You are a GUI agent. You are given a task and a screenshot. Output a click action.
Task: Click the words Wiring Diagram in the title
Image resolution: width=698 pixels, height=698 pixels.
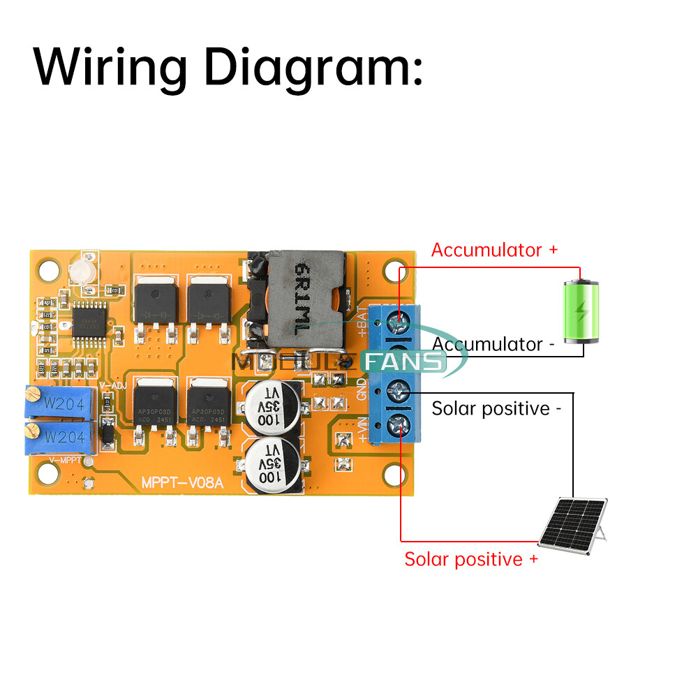click(x=228, y=68)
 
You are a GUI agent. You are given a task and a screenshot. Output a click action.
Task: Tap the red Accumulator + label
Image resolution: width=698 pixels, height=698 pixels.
click(x=494, y=250)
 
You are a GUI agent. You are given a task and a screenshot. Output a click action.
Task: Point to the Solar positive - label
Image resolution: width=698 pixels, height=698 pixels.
click(x=496, y=408)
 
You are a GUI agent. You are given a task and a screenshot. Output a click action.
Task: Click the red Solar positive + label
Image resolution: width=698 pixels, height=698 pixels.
click(x=471, y=559)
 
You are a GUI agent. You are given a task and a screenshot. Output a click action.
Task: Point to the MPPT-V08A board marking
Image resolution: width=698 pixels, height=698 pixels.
click(x=182, y=482)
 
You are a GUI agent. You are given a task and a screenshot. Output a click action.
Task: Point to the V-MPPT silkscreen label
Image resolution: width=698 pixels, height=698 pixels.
click(x=66, y=461)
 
